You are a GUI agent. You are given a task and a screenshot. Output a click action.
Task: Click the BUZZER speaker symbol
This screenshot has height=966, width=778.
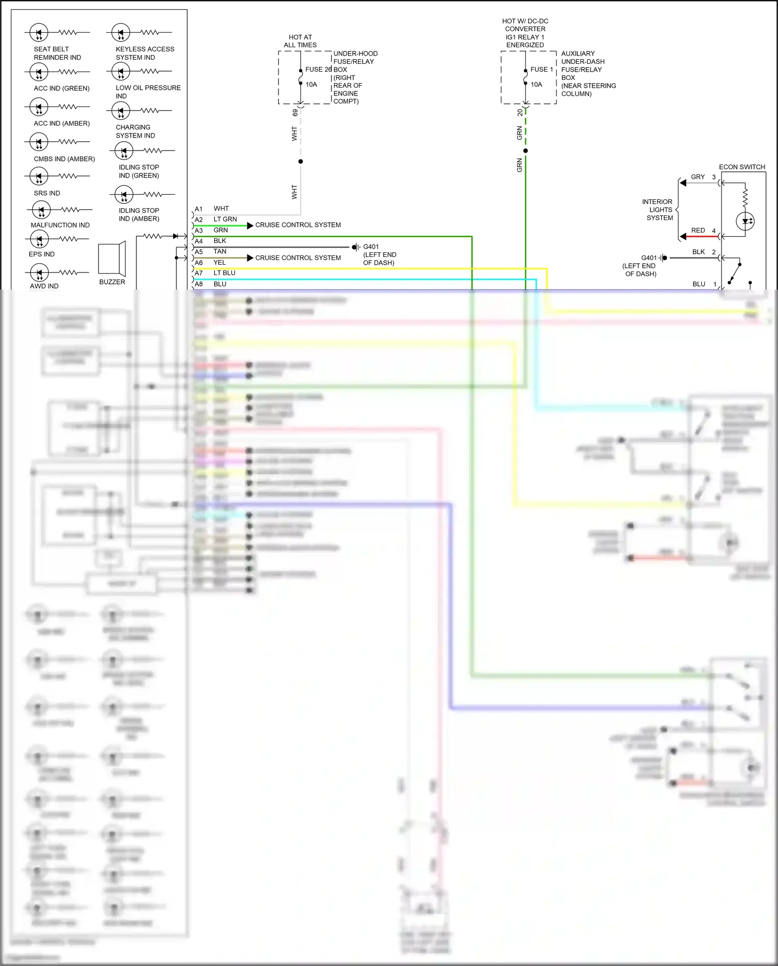click(x=112, y=258)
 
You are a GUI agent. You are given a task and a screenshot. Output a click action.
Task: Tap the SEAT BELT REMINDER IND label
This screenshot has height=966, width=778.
click(x=57, y=53)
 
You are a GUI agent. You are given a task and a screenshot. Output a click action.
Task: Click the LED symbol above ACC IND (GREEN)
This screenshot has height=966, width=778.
click(x=39, y=72)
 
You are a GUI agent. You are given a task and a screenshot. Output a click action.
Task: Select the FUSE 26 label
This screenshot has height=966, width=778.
click(x=318, y=69)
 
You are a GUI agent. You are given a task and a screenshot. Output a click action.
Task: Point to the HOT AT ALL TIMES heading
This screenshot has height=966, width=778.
click(x=300, y=41)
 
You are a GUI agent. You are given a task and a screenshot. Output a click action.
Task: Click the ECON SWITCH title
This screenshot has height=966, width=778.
click(x=742, y=167)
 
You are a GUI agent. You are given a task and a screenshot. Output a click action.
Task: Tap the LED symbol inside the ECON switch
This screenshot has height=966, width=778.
click(x=745, y=221)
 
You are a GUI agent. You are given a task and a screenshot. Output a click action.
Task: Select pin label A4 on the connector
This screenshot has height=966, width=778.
click(x=199, y=241)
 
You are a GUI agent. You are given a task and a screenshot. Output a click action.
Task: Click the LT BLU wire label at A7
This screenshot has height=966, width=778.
click(x=224, y=273)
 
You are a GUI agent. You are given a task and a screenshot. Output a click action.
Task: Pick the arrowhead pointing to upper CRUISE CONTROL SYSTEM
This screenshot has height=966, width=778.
click(x=251, y=225)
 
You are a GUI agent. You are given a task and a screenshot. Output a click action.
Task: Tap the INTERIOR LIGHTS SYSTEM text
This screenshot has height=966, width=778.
click(x=658, y=210)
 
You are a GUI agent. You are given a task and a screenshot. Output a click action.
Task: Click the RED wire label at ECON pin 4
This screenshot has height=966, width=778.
click(x=698, y=230)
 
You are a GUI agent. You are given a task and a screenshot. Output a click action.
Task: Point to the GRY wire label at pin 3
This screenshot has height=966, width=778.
click(x=698, y=176)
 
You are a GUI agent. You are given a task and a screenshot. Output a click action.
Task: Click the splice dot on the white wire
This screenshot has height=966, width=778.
click(x=300, y=161)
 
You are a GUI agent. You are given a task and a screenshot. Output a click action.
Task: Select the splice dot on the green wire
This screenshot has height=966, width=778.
click(x=525, y=151)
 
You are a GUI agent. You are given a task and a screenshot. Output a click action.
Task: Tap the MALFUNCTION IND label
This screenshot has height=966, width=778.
click(x=60, y=225)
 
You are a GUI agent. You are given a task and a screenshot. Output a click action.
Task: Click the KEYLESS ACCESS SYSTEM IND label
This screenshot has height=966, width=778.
click(x=145, y=53)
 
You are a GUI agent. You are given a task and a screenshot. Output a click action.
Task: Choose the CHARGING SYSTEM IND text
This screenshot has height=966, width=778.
click(x=135, y=131)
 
